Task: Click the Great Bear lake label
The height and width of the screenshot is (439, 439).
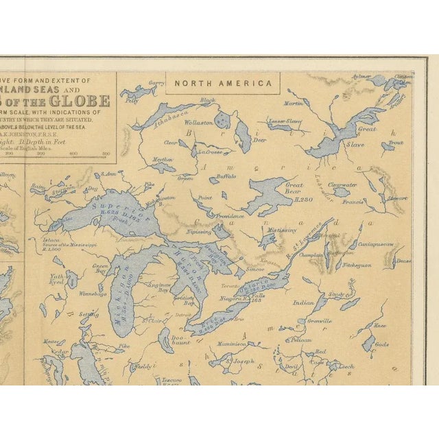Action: pos(294,187)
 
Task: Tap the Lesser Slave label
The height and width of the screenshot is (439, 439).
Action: pos(285,121)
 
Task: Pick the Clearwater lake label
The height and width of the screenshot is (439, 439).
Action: pos(342,184)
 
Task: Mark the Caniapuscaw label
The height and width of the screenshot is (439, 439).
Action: pos(377,244)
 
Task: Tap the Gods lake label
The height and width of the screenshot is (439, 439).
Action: pos(382,344)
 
